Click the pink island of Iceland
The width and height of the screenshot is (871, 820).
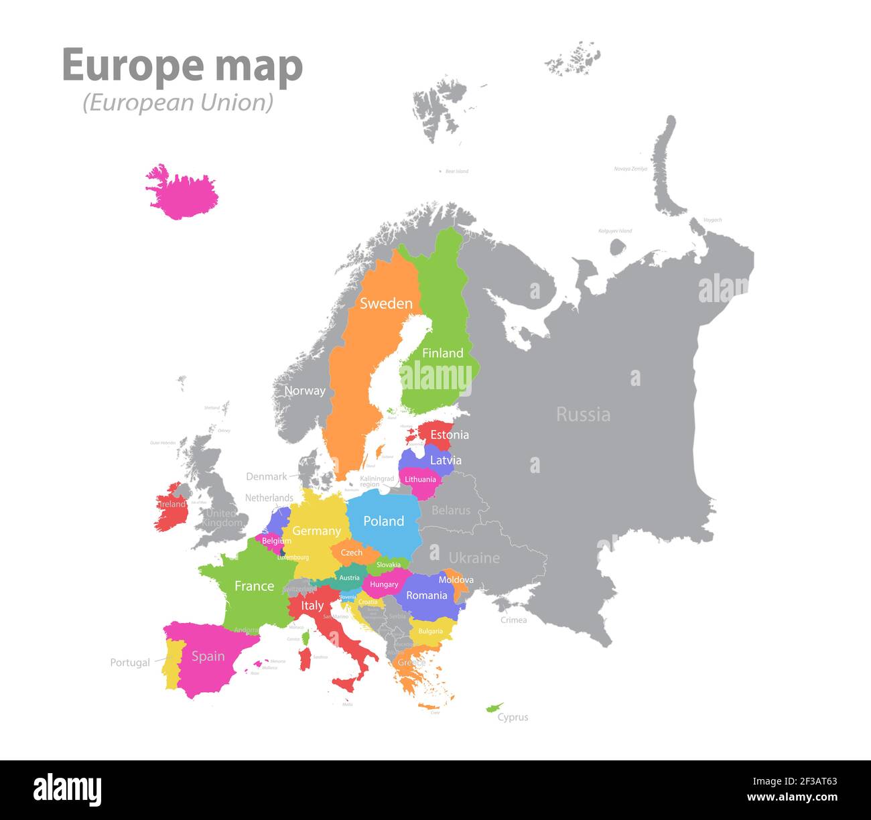tap(182, 192)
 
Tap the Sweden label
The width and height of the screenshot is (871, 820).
tap(386, 303)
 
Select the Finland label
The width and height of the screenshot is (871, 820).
tap(442, 353)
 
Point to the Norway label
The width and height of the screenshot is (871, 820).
tap(305, 391)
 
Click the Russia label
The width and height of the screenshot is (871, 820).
tap(583, 415)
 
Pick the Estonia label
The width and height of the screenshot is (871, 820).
tap(450, 435)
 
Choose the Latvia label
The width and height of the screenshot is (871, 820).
tap(446, 460)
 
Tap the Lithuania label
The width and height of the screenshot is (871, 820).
tap(420, 480)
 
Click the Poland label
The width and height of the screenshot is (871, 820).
tap(383, 521)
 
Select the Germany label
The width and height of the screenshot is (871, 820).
tap(316, 531)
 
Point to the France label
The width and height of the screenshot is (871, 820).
tap(254, 586)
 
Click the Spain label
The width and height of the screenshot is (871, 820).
tap(208, 657)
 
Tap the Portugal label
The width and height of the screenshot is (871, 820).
tap(130, 663)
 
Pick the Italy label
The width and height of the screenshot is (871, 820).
tap(312, 606)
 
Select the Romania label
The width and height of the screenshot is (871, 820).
tap(426, 596)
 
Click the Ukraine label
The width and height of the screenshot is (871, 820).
tap(474, 558)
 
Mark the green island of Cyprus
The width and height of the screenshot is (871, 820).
tap(494, 707)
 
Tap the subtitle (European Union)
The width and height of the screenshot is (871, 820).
tap(178, 102)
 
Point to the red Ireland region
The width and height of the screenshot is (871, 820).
tap(172, 506)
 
